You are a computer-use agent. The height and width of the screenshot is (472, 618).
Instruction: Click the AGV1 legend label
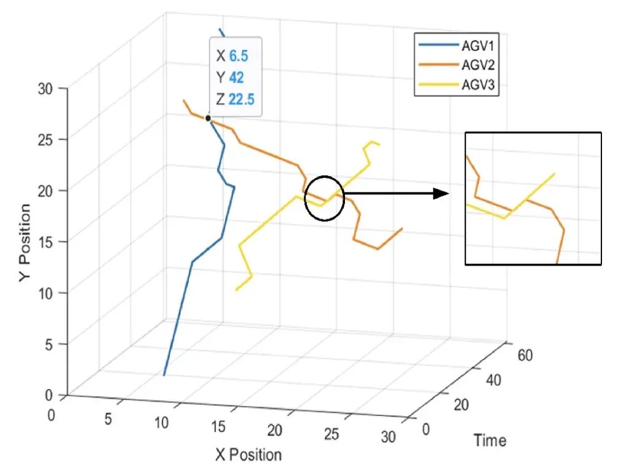pyautogui.click(x=478, y=46)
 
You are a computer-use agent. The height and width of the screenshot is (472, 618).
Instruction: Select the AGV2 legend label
pyautogui.click(x=478, y=65)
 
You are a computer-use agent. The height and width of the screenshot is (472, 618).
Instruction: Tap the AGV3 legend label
pyautogui.click(x=478, y=84)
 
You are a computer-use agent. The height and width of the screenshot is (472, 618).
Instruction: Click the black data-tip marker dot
pyautogui.click(x=208, y=118)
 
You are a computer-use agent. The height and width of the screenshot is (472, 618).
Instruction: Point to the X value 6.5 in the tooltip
pyautogui.click(x=239, y=56)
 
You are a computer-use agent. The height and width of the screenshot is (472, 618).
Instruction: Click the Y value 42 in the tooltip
pyautogui.click(x=236, y=78)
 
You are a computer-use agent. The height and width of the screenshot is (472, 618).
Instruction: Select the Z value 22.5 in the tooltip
pyautogui.click(x=241, y=99)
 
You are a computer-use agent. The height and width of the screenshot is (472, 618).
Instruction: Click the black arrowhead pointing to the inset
pyautogui.click(x=441, y=194)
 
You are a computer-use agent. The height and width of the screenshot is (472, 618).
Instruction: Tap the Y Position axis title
pyautogui.click(x=25, y=243)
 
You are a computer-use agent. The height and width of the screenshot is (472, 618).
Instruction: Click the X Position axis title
pyautogui.click(x=248, y=455)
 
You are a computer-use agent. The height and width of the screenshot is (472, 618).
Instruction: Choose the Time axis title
pyautogui.click(x=490, y=440)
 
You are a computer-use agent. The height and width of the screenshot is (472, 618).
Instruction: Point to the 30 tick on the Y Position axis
pyautogui.click(x=46, y=89)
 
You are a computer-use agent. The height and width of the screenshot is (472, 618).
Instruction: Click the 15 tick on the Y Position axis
pyautogui.click(x=46, y=242)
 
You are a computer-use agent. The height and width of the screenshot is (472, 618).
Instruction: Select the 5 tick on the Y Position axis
pyautogui.click(x=49, y=344)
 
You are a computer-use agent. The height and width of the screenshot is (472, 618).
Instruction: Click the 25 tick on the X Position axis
pyautogui.click(x=331, y=434)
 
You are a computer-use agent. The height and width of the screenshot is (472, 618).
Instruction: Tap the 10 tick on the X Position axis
pyautogui.click(x=161, y=423)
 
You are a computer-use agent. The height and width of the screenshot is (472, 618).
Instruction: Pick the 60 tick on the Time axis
pyautogui.click(x=525, y=355)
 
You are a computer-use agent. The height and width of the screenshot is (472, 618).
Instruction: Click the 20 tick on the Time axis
pyautogui.click(x=461, y=404)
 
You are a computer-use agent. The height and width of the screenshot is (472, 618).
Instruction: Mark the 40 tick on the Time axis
pyautogui.click(x=493, y=380)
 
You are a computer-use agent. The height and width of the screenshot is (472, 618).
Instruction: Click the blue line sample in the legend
pyautogui.click(x=438, y=45)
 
